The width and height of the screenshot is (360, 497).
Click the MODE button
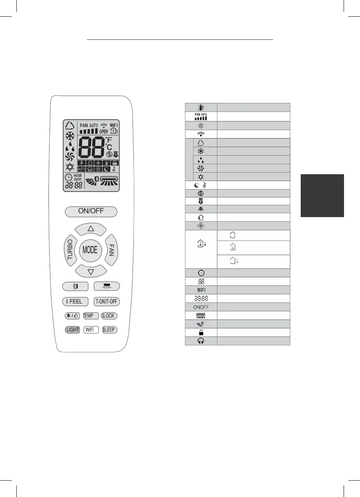coord(90,250)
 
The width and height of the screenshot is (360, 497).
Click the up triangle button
coord(90,229)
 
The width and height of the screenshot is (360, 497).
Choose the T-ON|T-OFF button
coord(106,301)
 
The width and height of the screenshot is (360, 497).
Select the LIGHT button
coord(73,330)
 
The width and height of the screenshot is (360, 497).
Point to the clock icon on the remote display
coord(69,177)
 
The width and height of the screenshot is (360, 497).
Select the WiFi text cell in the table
coord(201,290)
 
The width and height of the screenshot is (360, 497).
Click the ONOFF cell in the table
coord(201,307)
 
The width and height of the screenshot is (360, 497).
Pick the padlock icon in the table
coord(201,333)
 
